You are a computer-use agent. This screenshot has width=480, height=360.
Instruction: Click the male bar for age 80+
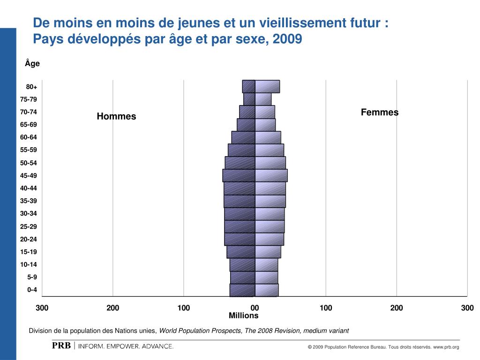click(x=249, y=87)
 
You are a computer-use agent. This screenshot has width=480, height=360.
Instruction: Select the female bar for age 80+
click(x=267, y=87)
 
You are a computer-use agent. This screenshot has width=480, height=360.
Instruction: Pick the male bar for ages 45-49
click(x=239, y=175)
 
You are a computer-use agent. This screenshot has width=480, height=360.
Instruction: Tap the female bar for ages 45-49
click(x=271, y=175)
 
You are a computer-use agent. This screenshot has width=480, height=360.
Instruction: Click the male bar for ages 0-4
click(x=242, y=290)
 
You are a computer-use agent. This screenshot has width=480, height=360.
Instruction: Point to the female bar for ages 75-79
click(x=263, y=99)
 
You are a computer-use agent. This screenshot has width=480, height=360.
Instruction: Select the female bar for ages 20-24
click(x=269, y=239)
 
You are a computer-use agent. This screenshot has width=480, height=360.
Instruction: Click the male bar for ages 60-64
click(x=243, y=137)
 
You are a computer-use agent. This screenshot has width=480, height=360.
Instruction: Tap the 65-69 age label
click(x=29, y=125)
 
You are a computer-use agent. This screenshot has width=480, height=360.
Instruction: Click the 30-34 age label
click(x=29, y=214)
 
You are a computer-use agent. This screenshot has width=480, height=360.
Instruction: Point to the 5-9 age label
click(x=32, y=277)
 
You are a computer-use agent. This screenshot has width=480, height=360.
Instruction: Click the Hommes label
click(x=116, y=116)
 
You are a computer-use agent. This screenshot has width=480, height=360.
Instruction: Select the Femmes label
click(x=380, y=112)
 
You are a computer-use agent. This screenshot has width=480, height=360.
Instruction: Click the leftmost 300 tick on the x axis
click(x=42, y=308)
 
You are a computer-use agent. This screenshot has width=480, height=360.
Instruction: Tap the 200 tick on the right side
click(x=397, y=308)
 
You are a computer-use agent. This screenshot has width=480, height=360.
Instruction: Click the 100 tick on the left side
click(x=184, y=308)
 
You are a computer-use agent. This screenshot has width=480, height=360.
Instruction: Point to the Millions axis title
click(x=244, y=316)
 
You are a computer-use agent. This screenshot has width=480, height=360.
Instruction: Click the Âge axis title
click(x=32, y=64)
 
